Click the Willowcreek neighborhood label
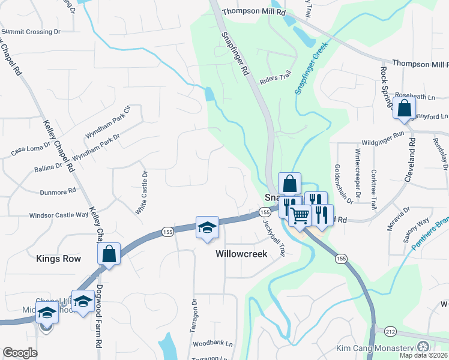[249, 254]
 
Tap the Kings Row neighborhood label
[63, 259]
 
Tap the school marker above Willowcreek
[206, 228]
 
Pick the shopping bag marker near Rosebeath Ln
[405, 109]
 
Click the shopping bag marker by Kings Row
[109, 254]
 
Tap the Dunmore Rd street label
[58, 191]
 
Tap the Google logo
[20, 353]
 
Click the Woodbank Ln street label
[212, 344]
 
